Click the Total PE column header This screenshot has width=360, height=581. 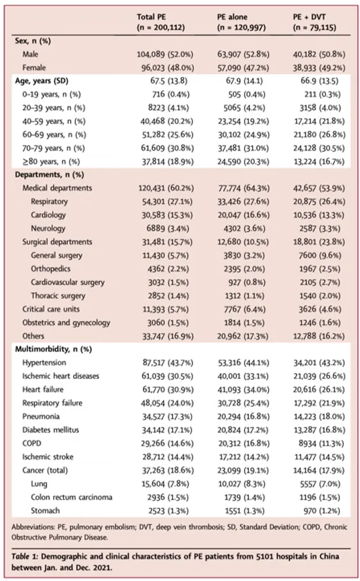pos(160,22)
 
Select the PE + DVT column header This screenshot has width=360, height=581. pos(314,22)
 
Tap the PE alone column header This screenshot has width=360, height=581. pos(241,22)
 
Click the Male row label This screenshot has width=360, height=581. pos(30,54)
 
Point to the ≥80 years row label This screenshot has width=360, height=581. pos(51,162)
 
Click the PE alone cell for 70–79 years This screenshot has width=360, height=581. pos(243,148)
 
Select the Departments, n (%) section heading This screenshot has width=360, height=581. pos(49,175)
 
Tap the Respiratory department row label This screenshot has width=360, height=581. pos(49,202)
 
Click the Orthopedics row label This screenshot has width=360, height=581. pos(50,268)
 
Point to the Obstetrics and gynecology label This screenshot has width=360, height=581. pos(66,322)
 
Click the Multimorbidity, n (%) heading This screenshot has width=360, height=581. pos(53,349)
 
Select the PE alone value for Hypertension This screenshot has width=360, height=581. pos(243,363)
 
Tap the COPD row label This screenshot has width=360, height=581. pos(32,443)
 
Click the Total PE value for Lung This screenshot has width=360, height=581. pos(165,484)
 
